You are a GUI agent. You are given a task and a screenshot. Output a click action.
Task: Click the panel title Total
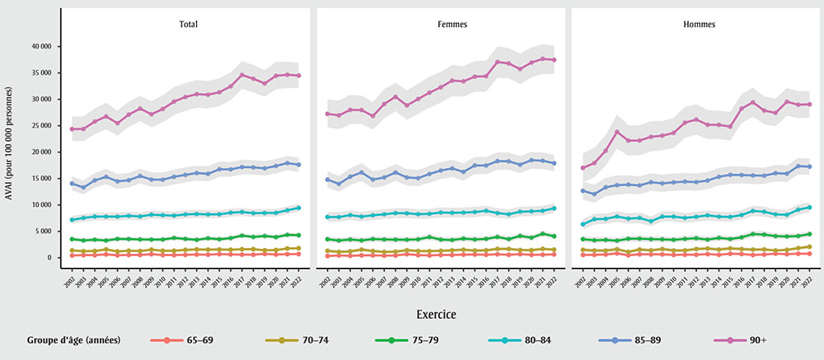pyautogui.click(x=187, y=25)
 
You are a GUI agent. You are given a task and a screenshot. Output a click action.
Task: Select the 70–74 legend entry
pyautogui.click(x=302, y=339)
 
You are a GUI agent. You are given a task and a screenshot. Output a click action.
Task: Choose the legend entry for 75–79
pyautogui.click(x=415, y=339)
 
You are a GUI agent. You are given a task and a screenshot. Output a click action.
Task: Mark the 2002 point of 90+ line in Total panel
pyautogui.click(x=72, y=129)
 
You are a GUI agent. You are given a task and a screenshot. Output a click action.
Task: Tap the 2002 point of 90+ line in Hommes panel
pyautogui.click(x=583, y=168)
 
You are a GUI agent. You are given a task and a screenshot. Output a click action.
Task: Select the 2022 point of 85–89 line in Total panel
pyautogui.click(x=298, y=165)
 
